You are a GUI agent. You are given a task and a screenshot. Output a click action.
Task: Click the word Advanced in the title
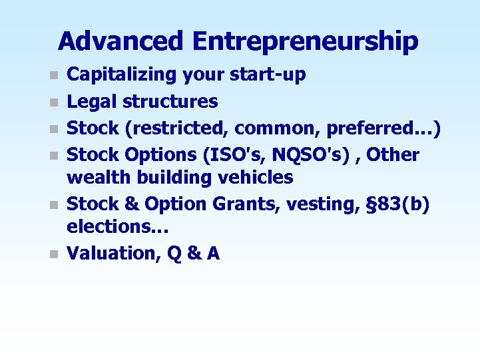(120, 41)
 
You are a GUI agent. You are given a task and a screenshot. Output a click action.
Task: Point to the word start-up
(270, 75)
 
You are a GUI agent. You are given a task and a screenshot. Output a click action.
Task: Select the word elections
(117, 226)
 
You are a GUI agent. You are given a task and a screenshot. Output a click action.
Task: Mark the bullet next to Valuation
(55, 254)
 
